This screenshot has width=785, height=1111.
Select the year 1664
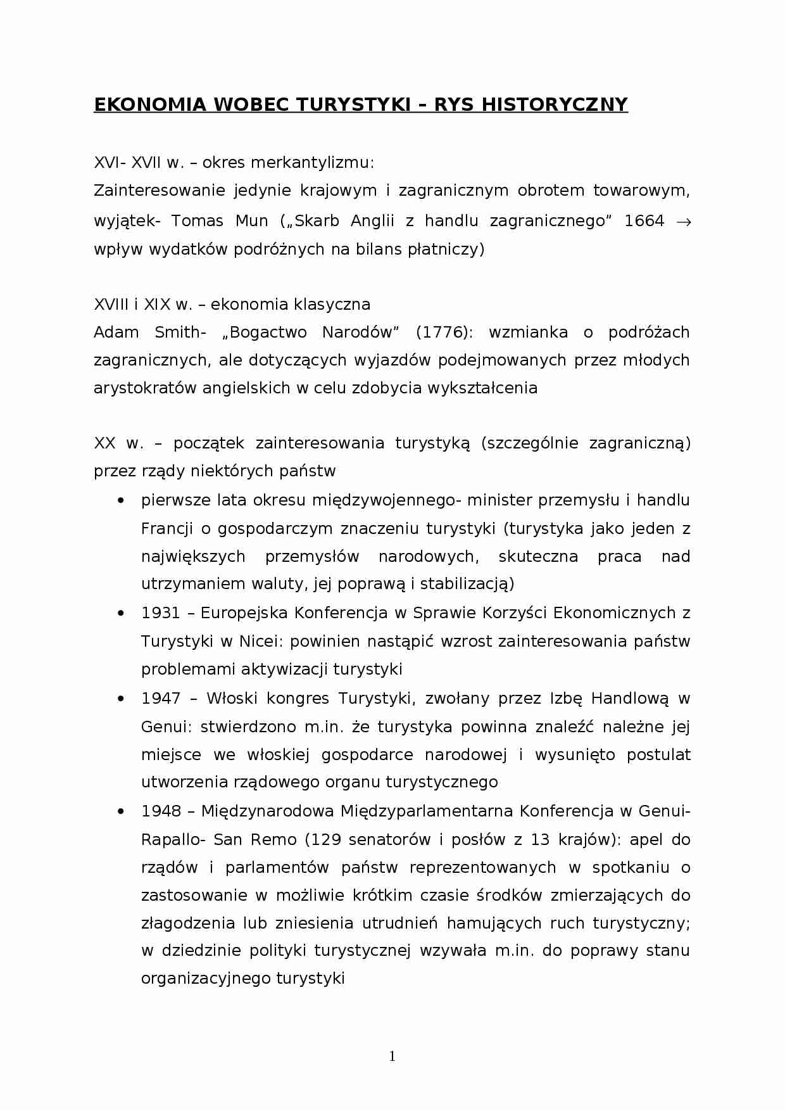click(644, 221)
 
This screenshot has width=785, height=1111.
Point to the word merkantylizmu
click(312, 163)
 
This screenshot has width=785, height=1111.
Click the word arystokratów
click(145, 388)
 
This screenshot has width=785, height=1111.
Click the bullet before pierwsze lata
click(120, 501)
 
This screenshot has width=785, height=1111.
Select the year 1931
click(160, 613)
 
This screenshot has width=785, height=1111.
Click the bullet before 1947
click(120, 699)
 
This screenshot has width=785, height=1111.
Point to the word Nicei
click(261, 641)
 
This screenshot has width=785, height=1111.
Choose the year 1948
click(160, 811)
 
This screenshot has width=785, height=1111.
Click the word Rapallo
click(171, 840)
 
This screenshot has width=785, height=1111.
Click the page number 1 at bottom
click(392, 1056)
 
